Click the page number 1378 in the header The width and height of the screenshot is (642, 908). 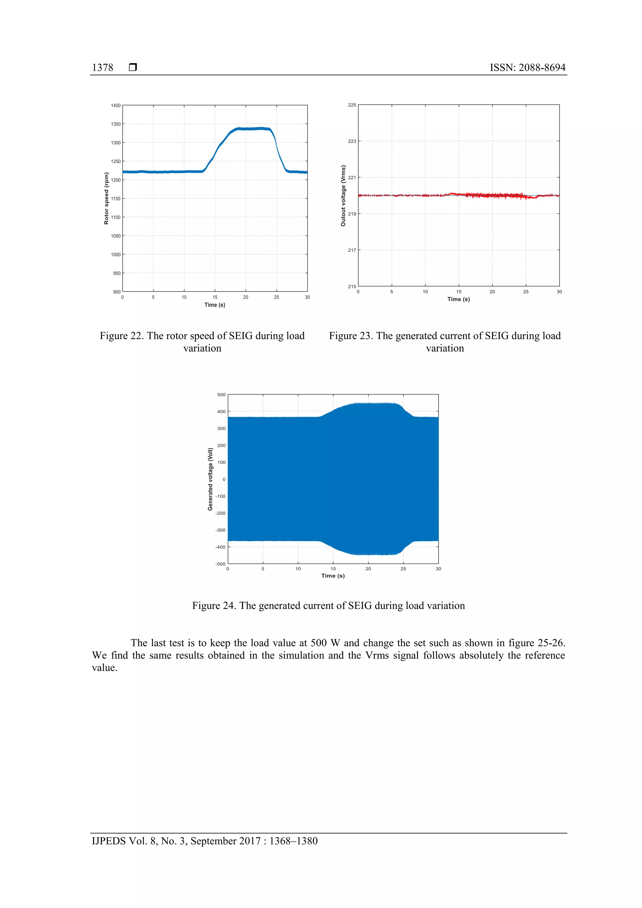click(103, 68)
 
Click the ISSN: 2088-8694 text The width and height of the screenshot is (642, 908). click(527, 68)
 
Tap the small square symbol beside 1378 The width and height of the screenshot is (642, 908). click(133, 67)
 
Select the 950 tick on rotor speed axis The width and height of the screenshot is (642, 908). click(116, 273)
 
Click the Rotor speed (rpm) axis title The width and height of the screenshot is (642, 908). click(106, 198)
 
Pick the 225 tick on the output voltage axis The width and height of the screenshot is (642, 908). click(352, 105)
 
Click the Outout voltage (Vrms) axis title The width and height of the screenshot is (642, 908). click(343, 196)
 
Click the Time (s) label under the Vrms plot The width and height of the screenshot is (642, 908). click(458, 299)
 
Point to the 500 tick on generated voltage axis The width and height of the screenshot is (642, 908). click(222, 395)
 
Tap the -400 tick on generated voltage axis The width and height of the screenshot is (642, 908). click(220, 547)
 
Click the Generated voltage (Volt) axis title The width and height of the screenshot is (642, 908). click(210, 479)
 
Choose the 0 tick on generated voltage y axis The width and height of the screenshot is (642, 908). click(224, 479)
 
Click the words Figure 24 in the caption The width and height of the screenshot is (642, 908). click(213, 606)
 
